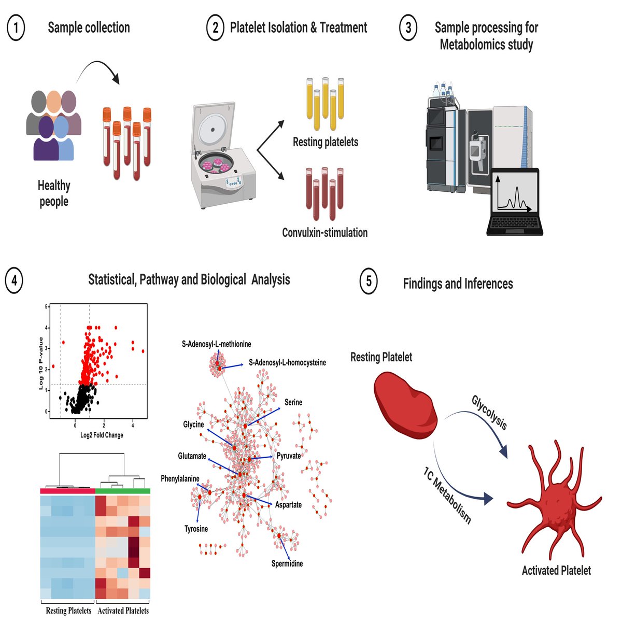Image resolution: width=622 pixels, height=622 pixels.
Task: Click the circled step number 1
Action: pos(16,28)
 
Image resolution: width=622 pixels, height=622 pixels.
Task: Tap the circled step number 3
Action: pos(408,28)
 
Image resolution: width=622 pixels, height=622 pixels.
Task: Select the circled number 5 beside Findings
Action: pos(369,281)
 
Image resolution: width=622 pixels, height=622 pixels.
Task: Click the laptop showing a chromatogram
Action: pos(514,202)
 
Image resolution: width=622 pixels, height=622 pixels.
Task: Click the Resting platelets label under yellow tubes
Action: pos(325,142)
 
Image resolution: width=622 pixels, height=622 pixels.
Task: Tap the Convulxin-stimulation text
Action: pos(324,233)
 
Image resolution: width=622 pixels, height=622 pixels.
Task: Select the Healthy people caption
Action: pos(54,193)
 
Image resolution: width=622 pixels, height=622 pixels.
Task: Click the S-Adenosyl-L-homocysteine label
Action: pos(287,362)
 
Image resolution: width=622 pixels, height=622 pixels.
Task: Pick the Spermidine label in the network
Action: pos(287,563)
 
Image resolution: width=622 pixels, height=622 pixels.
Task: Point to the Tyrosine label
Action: pos(196,529)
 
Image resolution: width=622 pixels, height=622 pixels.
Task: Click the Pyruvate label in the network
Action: pos(289,456)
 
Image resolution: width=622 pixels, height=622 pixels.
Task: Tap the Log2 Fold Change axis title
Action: pos(102,435)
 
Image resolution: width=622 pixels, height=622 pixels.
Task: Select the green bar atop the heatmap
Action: pos(123,490)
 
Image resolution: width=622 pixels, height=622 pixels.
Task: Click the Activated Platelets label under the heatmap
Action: pos(123,611)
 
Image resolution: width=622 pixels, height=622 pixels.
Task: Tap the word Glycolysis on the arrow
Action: pos(489,413)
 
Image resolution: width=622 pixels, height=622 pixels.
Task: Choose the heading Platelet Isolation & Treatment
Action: pos(298,28)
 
